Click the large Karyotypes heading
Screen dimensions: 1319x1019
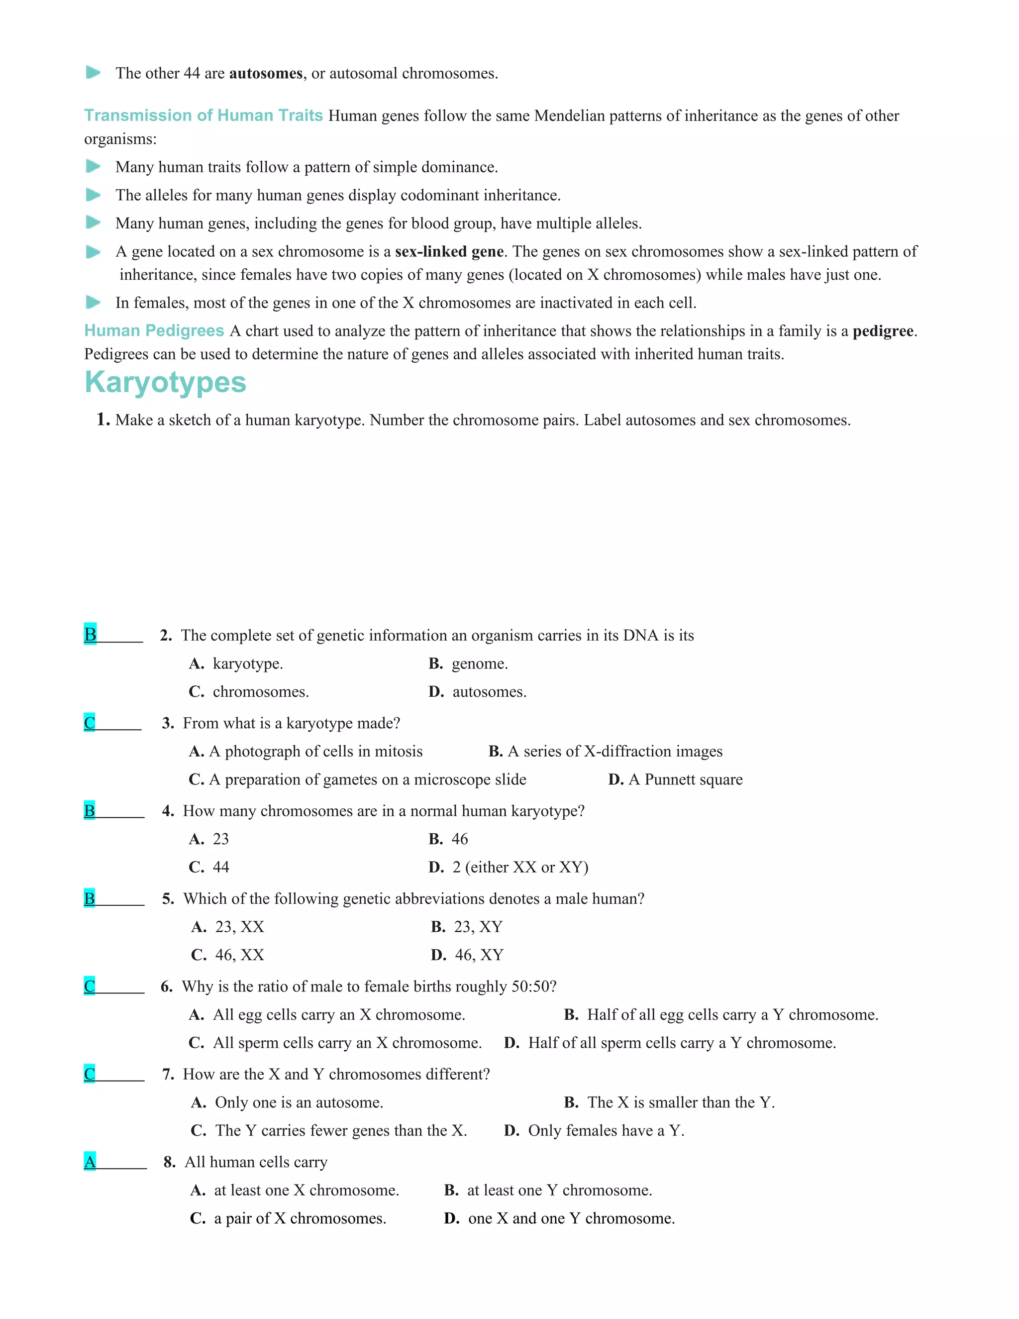165,383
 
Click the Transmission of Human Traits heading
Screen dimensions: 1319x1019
204,115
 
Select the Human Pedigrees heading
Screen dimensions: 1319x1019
154,330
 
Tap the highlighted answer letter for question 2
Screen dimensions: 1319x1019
90,634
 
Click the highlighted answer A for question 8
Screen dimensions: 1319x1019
90,1161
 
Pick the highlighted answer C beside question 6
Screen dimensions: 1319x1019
90,986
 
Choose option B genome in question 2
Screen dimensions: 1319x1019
468,663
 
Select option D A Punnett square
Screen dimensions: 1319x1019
675,779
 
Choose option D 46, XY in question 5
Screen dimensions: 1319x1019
467,954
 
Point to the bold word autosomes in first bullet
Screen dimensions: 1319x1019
266,74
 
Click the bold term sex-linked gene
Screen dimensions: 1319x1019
449,251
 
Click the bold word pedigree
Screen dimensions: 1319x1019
883,331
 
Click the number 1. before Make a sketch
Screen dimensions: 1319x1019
103,420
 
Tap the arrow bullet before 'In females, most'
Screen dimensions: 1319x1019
93,302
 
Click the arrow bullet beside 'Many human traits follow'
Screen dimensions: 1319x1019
93,166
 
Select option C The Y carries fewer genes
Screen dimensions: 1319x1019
329,1130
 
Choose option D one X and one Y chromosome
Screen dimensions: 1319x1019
559,1218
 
